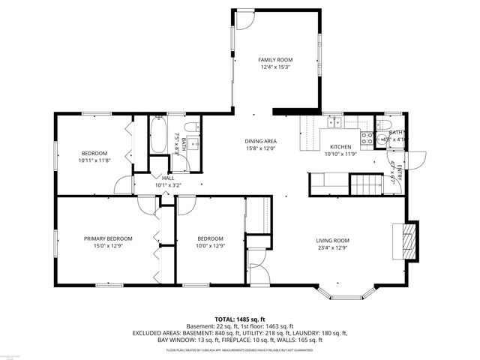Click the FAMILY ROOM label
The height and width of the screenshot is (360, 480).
tap(275, 60)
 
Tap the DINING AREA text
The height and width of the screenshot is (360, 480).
tap(260, 141)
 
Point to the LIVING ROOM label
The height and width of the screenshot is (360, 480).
tap(331, 241)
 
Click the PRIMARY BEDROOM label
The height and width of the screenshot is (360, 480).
tap(108, 238)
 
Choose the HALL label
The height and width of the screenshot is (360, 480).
tap(168, 178)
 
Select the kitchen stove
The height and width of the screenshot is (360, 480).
tap(367, 137)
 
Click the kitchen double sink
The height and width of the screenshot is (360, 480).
tap(333, 121)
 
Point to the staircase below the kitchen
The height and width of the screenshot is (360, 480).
tap(367, 182)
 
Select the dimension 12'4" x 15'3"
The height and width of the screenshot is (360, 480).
tap(275, 67)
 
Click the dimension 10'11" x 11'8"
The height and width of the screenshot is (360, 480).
tap(94, 160)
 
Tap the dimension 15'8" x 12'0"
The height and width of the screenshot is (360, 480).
tap(260, 148)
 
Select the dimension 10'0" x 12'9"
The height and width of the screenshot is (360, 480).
tap(210, 246)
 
